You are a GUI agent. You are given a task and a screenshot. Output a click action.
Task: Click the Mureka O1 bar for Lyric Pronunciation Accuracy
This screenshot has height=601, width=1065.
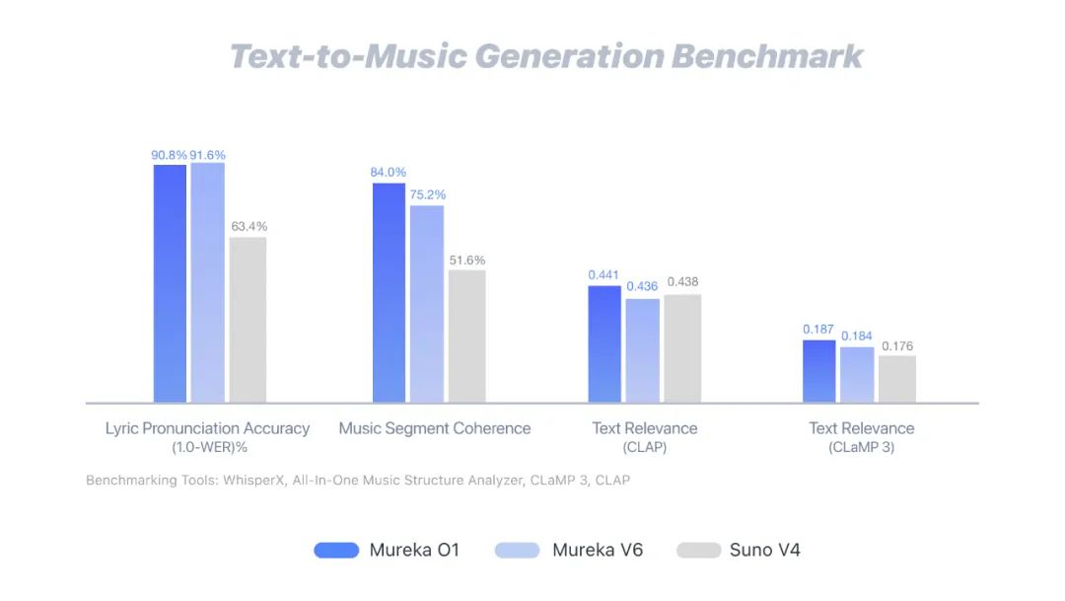point(170,283)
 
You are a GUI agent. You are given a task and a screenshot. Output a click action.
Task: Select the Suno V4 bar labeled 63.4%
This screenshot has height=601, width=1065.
point(248,320)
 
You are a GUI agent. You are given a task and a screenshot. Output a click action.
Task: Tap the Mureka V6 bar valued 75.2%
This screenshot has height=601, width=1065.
point(427,304)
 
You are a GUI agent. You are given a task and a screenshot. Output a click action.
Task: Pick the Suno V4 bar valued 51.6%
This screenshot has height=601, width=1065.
point(466,336)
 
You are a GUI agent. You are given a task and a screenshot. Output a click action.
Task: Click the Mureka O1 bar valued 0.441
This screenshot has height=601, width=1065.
point(604,343)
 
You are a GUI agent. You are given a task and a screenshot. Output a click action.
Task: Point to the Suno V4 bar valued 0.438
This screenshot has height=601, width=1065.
point(682,347)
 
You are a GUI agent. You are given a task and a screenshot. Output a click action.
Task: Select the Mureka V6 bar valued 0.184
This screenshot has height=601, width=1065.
point(857,374)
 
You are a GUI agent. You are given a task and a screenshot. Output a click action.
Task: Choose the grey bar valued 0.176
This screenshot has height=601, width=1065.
point(897,379)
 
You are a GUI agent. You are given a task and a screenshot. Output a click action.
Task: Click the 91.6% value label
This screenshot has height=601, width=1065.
point(208,155)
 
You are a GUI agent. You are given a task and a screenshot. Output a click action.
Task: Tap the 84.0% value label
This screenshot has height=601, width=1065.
point(389,173)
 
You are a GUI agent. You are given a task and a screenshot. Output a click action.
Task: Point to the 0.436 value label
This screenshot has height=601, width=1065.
point(643,287)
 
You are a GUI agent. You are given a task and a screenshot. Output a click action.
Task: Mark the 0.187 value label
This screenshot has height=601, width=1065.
point(818,329)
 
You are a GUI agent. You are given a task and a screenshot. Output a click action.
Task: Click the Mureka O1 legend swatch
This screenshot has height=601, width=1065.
point(336,550)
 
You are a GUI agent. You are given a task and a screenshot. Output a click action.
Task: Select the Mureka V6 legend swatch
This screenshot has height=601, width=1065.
point(518,550)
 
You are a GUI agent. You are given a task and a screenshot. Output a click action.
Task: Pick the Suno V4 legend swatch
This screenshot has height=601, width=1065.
point(698,550)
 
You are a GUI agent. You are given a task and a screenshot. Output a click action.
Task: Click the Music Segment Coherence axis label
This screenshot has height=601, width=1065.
point(435,428)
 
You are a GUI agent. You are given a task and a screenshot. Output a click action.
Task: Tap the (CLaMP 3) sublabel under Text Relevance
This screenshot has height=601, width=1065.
point(862,448)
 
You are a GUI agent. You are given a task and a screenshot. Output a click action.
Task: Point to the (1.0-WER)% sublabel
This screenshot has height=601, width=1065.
point(207,448)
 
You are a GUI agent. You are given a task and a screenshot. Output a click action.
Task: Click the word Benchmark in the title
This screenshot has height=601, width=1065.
point(767,55)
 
